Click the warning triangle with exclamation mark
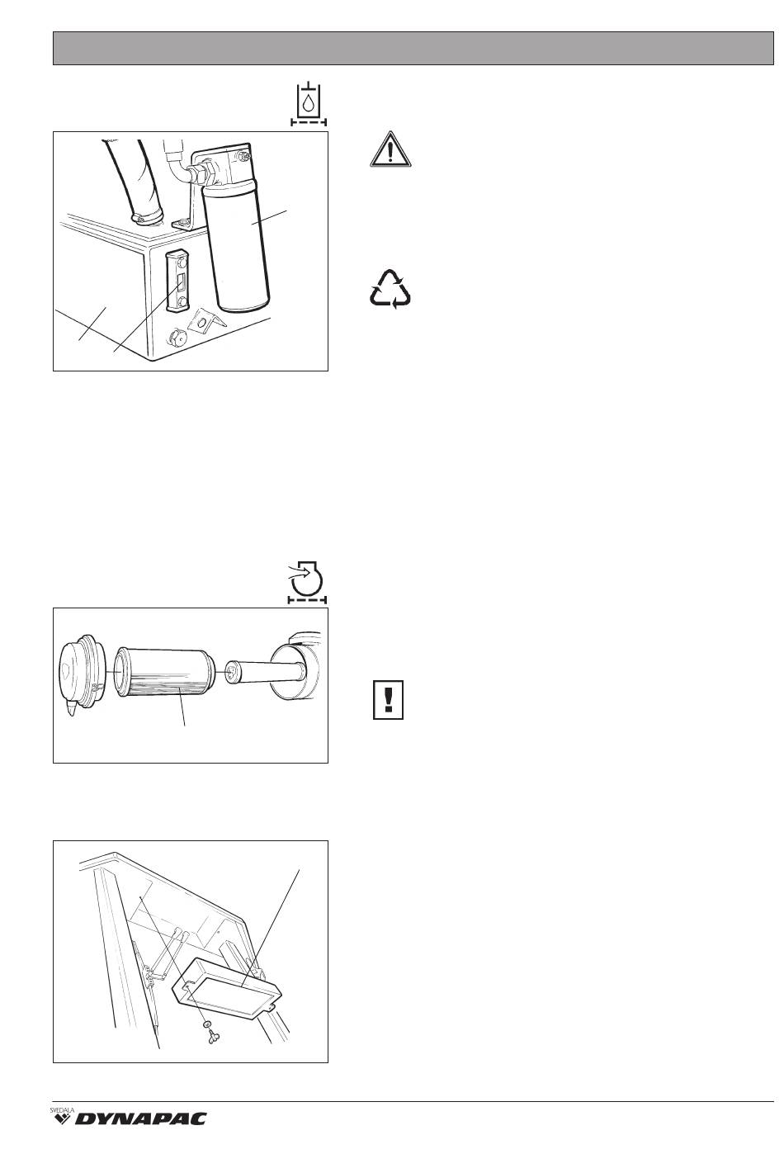390,149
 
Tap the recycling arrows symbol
390,289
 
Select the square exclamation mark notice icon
388,700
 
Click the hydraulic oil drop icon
308,103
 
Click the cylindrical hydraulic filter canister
237,248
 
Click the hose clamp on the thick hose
147,219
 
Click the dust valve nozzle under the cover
69,709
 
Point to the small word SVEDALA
62,1108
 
